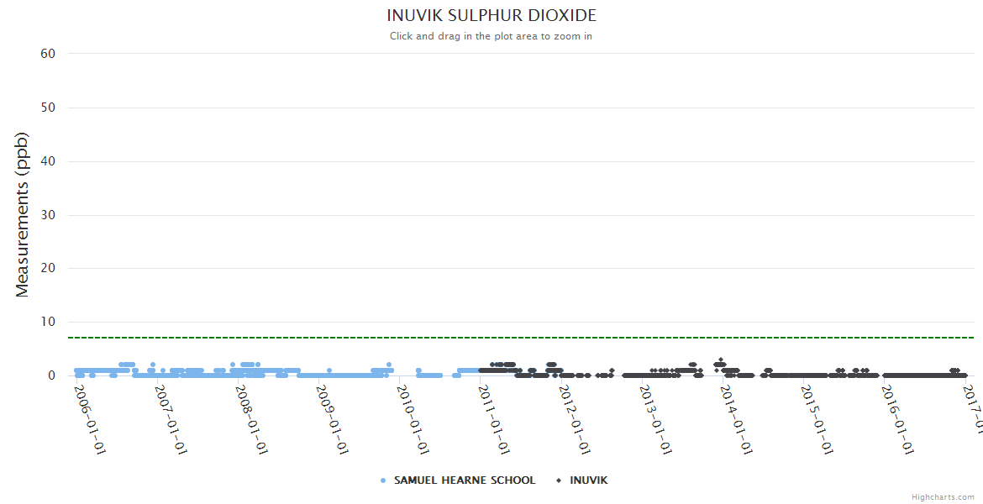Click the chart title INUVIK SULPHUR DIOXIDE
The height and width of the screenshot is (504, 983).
(x=491, y=16)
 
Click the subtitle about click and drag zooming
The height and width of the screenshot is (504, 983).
(x=491, y=36)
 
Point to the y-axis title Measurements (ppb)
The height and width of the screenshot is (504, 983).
(x=23, y=214)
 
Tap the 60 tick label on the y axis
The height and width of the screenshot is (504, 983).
(x=48, y=54)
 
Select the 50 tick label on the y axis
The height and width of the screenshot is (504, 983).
(x=48, y=108)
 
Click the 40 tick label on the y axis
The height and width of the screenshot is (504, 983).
(x=48, y=161)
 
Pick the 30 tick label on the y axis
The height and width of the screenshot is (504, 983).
(x=48, y=215)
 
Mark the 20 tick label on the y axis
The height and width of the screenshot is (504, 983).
(x=48, y=269)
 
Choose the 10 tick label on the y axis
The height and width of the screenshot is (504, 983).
(x=48, y=323)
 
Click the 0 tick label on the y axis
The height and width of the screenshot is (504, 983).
(x=51, y=376)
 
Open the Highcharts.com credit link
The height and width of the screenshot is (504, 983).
(x=943, y=496)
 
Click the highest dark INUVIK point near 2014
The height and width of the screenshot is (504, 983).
(x=720, y=360)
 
